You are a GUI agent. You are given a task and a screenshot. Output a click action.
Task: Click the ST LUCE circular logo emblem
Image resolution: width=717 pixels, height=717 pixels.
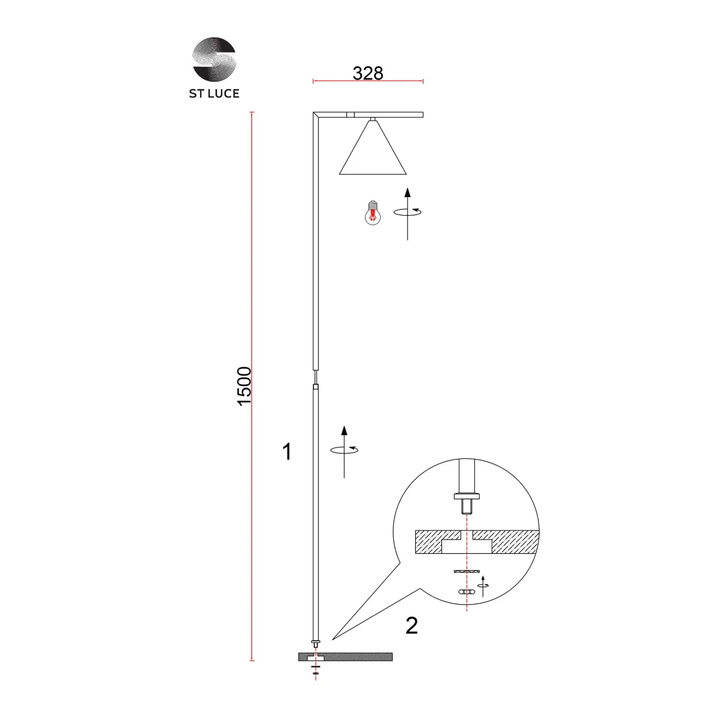coord(214,59)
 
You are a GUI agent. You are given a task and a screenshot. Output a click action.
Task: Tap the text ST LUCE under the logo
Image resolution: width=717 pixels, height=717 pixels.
coord(214,93)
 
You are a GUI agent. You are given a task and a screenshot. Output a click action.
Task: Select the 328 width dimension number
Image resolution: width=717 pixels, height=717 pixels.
coord(367,73)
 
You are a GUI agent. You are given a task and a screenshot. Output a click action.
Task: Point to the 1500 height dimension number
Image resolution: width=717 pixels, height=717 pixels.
coord(244,386)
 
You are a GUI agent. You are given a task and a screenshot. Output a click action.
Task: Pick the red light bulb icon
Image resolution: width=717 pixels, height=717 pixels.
coord(372,213)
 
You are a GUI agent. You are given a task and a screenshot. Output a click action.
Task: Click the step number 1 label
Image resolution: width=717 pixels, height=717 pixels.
coord(287,452)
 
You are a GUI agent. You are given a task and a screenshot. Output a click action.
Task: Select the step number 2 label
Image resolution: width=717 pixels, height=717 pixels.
coord(412,626)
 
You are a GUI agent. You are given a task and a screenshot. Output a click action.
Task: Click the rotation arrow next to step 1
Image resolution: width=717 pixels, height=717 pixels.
coord(344,451)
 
